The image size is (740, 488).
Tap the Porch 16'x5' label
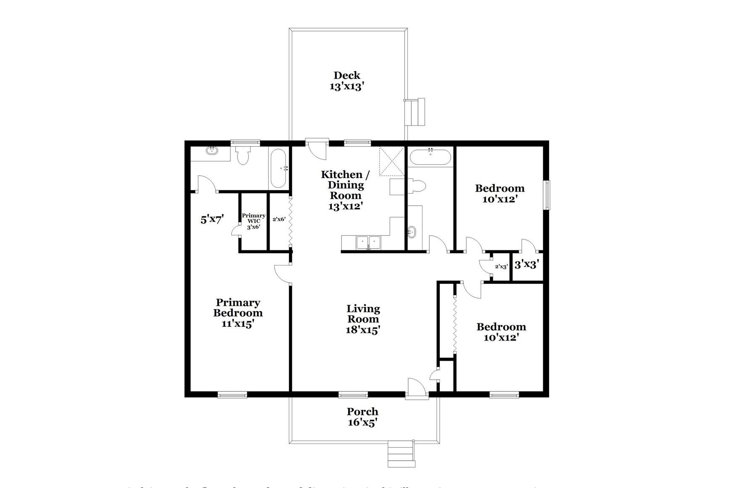pyautogui.click(x=362, y=417)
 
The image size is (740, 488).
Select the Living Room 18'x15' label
pyautogui.click(x=363, y=319)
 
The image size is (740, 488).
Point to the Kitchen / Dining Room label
pyautogui.click(x=345, y=190)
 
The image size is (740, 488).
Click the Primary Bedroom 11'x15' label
pyautogui.click(x=238, y=313)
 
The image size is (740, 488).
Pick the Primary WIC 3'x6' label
pyautogui.click(x=254, y=221)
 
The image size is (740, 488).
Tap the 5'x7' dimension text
pyautogui.click(x=212, y=219)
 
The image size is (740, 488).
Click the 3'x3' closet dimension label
pyautogui.click(x=526, y=265)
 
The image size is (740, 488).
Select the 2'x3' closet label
pyautogui.click(x=501, y=266)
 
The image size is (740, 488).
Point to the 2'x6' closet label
pyautogui.click(x=279, y=219)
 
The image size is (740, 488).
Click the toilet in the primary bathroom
pyautogui.click(x=243, y=155)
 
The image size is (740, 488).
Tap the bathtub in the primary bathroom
pyautogui.click(x=278, y=169)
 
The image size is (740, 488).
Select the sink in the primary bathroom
pyautogui.click(x=212, y=151)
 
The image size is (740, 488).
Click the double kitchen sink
pyautogui.click(x=368, y=242)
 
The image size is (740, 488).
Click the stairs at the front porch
pyautogui.click(x=401, y=454)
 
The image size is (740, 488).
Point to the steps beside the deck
pyautogui.click(x=417, y=112)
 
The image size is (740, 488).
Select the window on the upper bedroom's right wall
pyautogui.click(x=547, y=195)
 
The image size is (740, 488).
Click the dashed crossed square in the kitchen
pyautogui.click(x=391, y=161)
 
